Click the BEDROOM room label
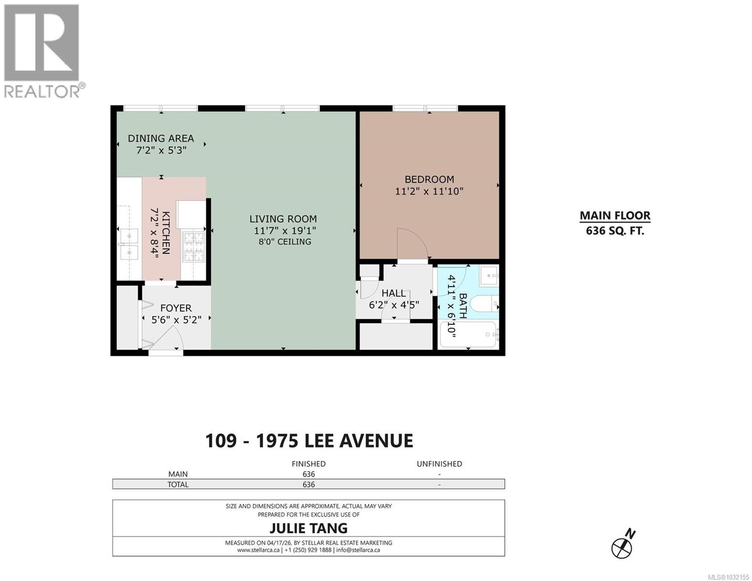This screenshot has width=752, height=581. [429, 179]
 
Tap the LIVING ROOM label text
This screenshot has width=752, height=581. [283, 219]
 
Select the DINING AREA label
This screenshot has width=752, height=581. [161, 138]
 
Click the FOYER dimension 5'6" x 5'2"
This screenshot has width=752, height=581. [176, 320]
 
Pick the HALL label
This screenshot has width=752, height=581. [393, 293]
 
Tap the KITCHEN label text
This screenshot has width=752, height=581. [166, 232]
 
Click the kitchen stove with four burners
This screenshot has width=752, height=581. [193, 247]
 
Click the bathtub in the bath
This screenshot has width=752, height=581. [468, 335]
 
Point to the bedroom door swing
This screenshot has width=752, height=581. [412, 245]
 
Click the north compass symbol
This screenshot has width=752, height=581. [622, 547]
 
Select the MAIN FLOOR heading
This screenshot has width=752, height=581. [615, 216]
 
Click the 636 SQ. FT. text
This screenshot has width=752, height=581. [615, 231]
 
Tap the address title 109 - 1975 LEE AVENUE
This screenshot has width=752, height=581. [309, 441]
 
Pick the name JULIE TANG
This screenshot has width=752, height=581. [309, 527]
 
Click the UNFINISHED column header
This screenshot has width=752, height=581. [439, 464]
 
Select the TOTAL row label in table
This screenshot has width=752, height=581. [178, 484]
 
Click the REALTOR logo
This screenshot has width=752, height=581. [43, 51]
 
